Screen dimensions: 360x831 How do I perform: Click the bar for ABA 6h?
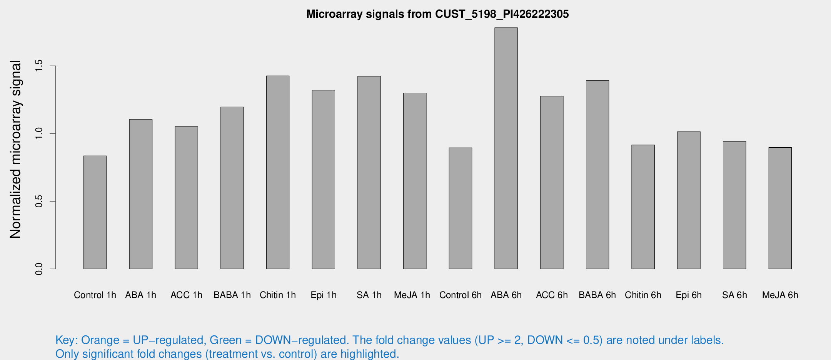tap(506, 148)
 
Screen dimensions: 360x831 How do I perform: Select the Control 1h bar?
tap(95, 212)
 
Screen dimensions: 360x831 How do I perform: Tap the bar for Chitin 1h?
tap(278, 172)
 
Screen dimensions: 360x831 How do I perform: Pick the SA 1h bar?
tap(369, 172)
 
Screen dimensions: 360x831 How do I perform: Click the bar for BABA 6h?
tap(597, 175)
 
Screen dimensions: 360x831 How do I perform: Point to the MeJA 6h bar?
tap(780, 208)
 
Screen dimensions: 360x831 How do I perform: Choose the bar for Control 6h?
tap(461, 208)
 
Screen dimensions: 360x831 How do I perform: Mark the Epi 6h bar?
tap(689, 200)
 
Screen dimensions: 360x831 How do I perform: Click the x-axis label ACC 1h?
tap(186, 295)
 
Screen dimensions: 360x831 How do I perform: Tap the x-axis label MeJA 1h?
tap(412, 295)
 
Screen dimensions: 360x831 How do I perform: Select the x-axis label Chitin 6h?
tap(643, 295)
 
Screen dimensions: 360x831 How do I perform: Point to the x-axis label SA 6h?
tap(734, 295)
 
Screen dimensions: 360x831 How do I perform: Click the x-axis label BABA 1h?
tap(232, 295)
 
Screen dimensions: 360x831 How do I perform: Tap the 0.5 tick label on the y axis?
tap(38, 201)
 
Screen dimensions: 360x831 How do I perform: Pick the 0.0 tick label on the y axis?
tap(38, 269)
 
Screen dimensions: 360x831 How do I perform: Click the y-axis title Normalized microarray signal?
tap(15, 149)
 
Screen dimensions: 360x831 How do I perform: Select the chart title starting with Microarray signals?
tap(437, 14)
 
